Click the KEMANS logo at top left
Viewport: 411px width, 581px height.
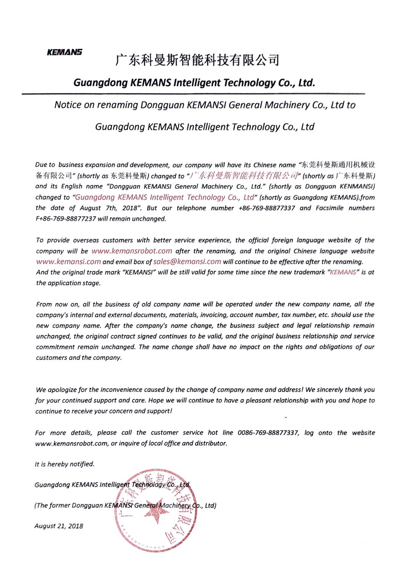pyautogui.click(x=64, y=52)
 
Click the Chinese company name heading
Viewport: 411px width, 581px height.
pyautogui.click(x=197, y=60)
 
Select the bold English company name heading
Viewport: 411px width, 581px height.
pyautogui.click(x=194, y=83)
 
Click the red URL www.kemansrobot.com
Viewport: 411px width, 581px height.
pyautogui.click(x=132, y=251)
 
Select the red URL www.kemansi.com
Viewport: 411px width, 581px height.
pyautogui.click(x=68, y=262)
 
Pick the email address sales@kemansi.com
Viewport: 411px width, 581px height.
pyautogui.click(x=187, y=262)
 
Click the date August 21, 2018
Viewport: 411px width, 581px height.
pyautogui.click(x=59, y=526)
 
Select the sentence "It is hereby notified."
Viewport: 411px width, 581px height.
pyautogui.click(x=65, y=464)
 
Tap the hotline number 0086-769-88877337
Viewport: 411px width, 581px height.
pyautogui.click(x=268, y=433)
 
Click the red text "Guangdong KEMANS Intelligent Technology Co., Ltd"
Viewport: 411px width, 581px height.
pyautogui.click(x=164, y=197)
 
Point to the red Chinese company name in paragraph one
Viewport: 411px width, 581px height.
pyautogui.click(x=244, y=176)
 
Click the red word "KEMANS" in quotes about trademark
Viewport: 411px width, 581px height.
pyautogui.click(x=343, y=272)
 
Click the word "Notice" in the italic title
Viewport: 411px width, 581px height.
pyautogui.click(x=68, y=105)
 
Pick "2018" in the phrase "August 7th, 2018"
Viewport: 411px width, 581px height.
pyautogui.click(x=129, y=208)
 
